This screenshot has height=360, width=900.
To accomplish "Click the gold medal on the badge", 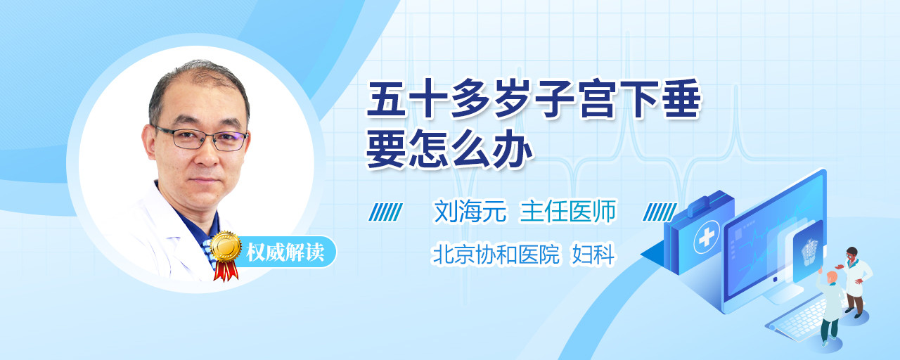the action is point(226,246).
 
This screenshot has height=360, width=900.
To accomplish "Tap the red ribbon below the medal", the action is point(226,270).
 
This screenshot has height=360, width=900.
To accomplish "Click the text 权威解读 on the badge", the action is point(285,252).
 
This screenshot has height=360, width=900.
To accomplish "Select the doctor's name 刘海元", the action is point(470,212).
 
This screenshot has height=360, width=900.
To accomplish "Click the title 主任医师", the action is point(567,212).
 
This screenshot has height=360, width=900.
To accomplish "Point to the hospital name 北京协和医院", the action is point(496,255).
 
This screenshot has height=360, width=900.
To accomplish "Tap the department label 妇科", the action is point(593,255).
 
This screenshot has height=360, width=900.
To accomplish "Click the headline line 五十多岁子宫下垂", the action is point(534,99).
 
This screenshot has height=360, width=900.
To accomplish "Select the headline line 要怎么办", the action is point(449,148).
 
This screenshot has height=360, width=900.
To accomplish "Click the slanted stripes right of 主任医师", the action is point(660,212).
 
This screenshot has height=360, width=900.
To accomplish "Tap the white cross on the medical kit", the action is point(707,237).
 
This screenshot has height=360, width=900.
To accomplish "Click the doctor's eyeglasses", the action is point(201,139).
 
